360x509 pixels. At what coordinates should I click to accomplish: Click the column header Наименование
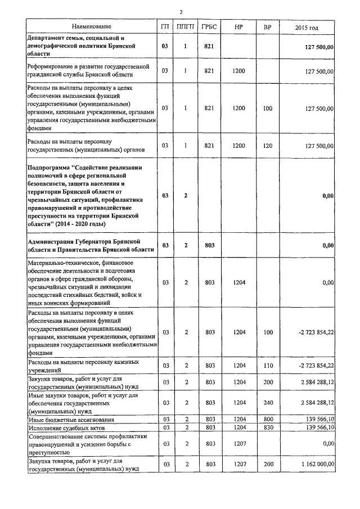[x=91, y=26]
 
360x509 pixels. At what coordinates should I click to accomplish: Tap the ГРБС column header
[x=210, y=26]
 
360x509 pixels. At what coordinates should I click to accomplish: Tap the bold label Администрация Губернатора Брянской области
[x=91, y=245]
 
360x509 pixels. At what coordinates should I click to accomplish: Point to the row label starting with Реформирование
[x=87, y=71]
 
